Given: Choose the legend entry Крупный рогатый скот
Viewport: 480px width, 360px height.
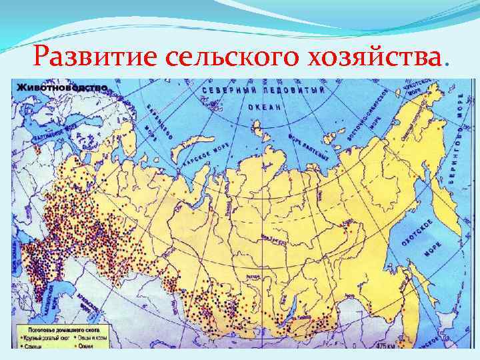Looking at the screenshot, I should (x=47, y=337).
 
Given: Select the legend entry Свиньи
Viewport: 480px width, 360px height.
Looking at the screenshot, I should (x=33, y=345).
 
